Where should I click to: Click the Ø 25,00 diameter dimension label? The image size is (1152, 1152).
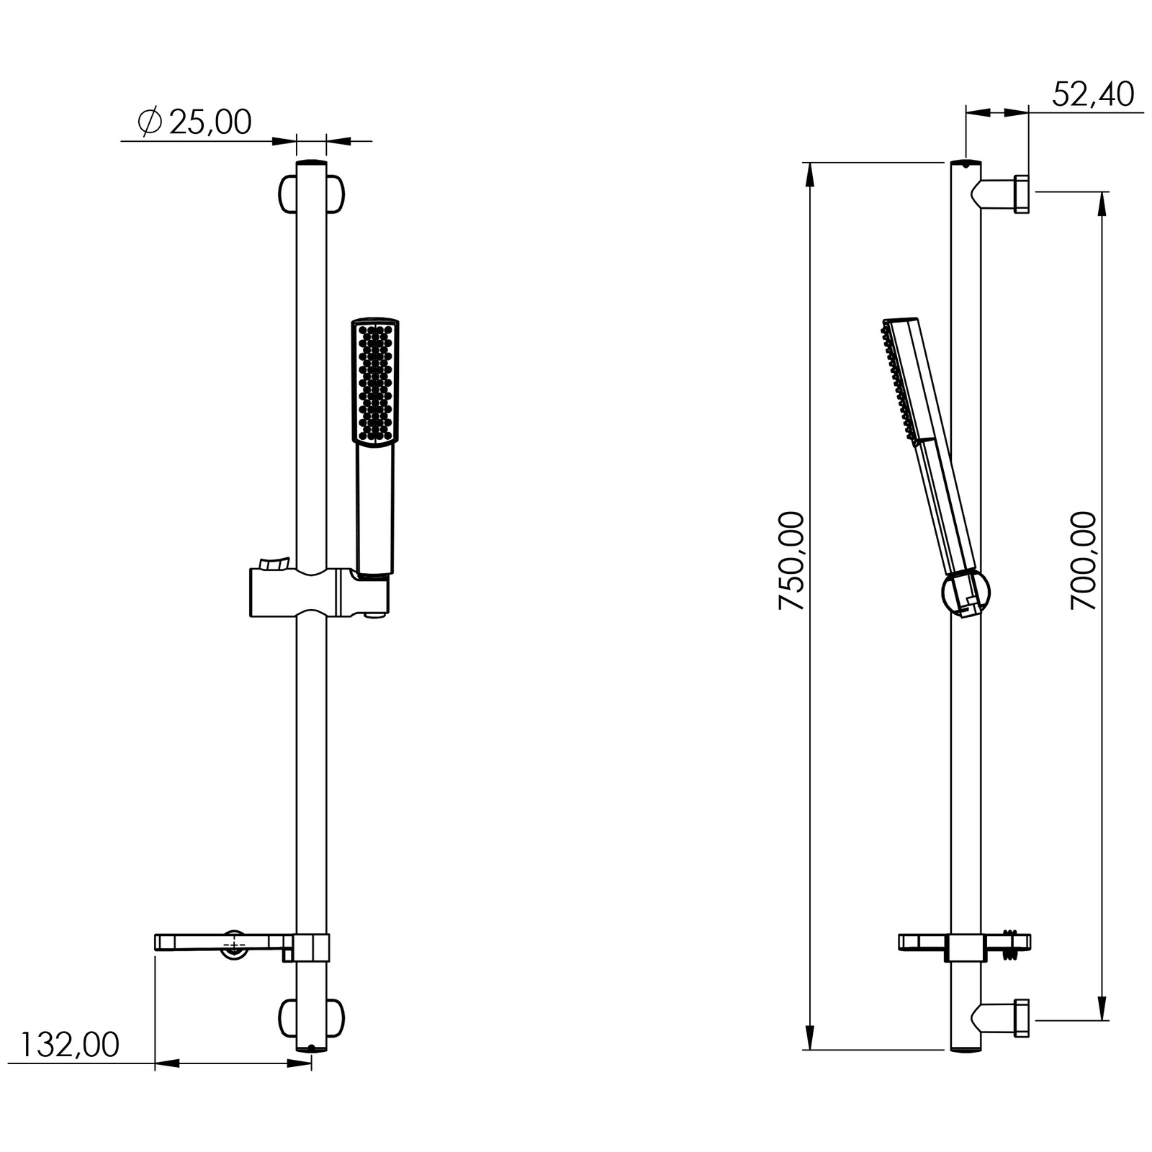194,122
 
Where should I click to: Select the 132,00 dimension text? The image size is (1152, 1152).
69,1045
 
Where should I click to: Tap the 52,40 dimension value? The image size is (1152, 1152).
1093,94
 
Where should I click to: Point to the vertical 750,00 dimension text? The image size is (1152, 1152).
791,561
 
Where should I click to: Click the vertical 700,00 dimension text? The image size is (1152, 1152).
1083,561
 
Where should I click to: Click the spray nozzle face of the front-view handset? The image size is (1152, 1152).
375,382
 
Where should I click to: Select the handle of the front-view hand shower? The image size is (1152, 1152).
375,510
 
